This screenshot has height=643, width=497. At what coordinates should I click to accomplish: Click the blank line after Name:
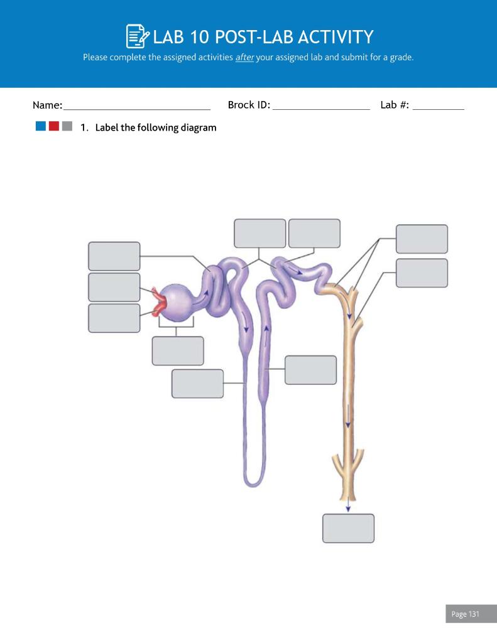[x=136, y=111]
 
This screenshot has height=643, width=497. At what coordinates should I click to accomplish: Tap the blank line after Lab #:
[x=438, y=111]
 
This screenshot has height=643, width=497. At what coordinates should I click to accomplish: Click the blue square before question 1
[x=41, y=127]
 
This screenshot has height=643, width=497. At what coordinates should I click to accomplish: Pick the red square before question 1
[x=54, y=127]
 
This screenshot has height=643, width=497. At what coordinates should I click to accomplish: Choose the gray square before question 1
[x=67, y=127]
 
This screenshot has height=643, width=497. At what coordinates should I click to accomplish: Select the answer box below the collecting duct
[x=348, y=528]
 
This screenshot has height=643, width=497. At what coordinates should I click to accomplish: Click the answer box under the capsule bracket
[x=178, y=350]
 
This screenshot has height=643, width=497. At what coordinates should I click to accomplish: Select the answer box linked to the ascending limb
[x=310, y=370]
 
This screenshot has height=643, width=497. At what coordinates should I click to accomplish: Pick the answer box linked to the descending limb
[x=197, y=384]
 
